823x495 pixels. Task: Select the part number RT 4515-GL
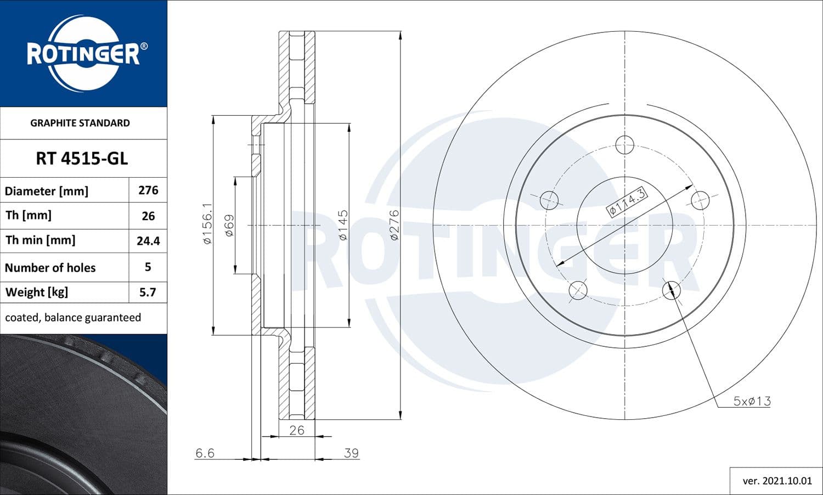[82, 159]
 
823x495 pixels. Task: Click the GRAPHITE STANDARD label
[80, 123]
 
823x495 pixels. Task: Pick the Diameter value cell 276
[148, 190]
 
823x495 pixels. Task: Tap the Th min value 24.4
[148, 241]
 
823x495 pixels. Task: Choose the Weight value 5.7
[148, 292]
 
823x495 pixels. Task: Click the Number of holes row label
[50, 268]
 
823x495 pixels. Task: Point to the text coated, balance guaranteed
[73, 318]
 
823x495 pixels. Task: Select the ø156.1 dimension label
[207, 224]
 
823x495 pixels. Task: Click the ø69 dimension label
[229, 225]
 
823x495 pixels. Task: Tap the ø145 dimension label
[343, 225]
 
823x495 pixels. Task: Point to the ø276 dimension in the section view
[394, 225]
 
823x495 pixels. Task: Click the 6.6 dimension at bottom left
[205, 453]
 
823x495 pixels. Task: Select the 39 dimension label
[351, 453]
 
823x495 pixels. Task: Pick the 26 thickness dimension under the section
[297, 430]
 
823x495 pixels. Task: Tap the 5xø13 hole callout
[752, 401]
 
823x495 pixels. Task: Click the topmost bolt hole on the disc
[624, 145]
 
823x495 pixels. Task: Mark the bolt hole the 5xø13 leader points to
[672, 289]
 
